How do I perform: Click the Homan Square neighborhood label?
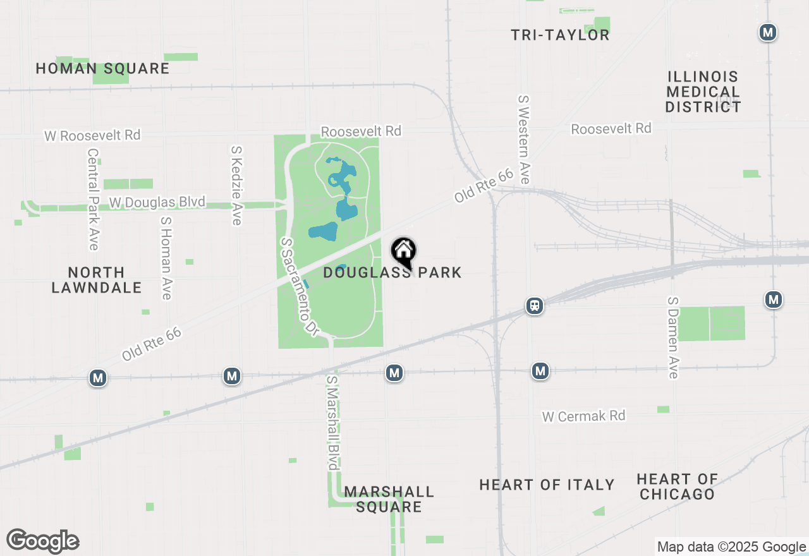coord(102,69)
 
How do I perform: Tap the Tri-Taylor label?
coord(560,35)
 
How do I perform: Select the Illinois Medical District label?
coord(702,92)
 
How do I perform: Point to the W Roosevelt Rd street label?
coord(92,135)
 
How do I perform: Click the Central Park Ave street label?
coord(94,199)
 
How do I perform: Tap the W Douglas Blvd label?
coord(157,202)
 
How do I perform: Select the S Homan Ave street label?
coord(166,258)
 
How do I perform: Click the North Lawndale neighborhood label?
coord(96,280)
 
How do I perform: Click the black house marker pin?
coord(404,252)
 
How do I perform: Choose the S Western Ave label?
coord(524,139)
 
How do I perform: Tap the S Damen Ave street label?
coord(672,337)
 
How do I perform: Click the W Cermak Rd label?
coord(583,416)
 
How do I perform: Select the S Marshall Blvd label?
coord(332,422)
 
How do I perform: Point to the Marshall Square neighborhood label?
coord(389,499)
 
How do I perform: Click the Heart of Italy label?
coord(547,485)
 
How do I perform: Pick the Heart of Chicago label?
coord(677,486)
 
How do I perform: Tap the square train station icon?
coord(535,306)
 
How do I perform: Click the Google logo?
coord(43,541)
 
